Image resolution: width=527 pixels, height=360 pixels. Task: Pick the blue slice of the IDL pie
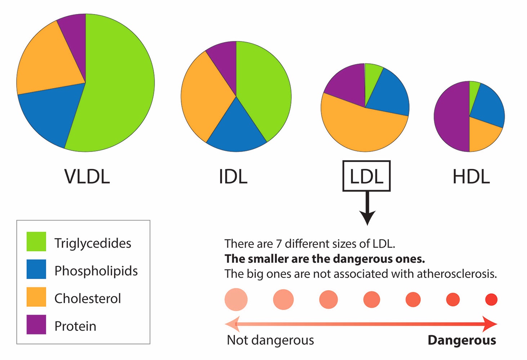pyautogui.click(x=236, y=132)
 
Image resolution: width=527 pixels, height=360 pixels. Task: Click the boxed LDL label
pyautogui.click(x=367, y=176)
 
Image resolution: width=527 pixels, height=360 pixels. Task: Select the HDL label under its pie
pyautogui.click(x=471, y=177)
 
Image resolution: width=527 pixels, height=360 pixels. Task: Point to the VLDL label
pyautogui.click(x=87, y=177)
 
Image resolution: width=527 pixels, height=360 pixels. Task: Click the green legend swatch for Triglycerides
pyautogui.click(x=36, y=242)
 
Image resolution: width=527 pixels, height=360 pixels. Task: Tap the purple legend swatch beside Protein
pyautogui.click(x=36, y=324)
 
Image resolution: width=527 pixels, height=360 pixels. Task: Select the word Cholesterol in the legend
pyautogui.click(x=88, y=298)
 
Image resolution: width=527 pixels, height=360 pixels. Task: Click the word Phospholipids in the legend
pyautogui.click(x=96, y=271)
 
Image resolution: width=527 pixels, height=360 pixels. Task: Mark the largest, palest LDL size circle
pyautogui.click(x=236, y=300)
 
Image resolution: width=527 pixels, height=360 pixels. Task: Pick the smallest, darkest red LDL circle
pyautogui.click(x=491, y=300)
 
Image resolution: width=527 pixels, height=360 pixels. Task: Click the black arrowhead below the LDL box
pyautogui.click(x=367, y=217)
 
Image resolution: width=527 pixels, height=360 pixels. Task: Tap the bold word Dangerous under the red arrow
pyautogui.click(x=462, y=341)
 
